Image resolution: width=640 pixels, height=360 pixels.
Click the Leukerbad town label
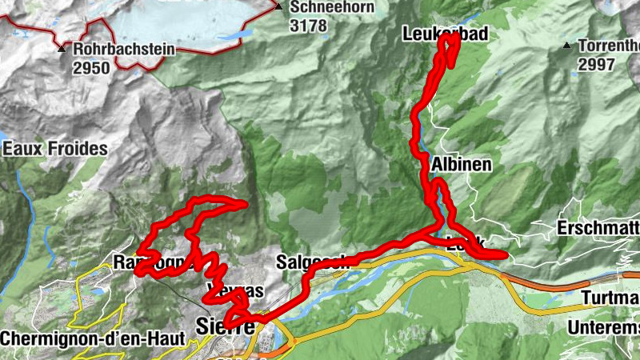pyautogui.click(x=446, y=33)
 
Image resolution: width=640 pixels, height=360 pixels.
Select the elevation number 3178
pyautogui.click(x=308, y=25)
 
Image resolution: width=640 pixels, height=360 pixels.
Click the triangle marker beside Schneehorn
pyautogui.click(x=278, y=7)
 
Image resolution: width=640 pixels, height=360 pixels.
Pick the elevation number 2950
pyautogui.click(x=90, y=68)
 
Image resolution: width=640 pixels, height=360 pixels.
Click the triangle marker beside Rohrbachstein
pyautogui.click(x=62, y=49)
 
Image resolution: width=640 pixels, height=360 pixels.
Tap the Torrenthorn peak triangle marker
pyautogui.click(x=566, y=46)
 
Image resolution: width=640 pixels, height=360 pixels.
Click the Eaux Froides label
pyautogui.click(x=54, y=149)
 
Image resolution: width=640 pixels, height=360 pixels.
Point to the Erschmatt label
pyautogui.click(x=598, y=227)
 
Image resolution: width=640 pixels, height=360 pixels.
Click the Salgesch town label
pyautogui.click(x=310, y=262)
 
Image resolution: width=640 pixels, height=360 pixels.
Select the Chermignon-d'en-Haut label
pyautogui.click(x=93, y=338)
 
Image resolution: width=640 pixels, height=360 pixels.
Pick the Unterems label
pyautogui.click(x=603, y=327)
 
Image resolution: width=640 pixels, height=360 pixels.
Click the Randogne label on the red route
pyautogui.click(x=152, y=262)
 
